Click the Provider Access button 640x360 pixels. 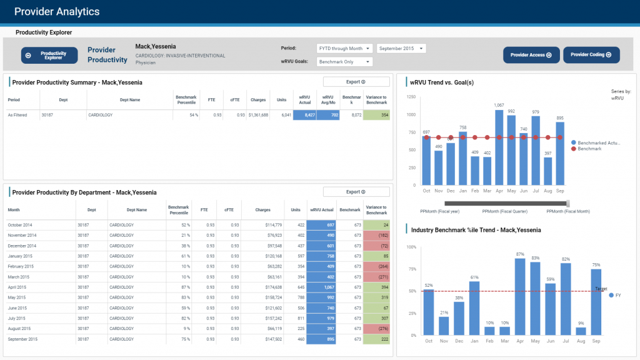coord(531,55)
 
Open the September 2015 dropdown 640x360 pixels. coord(401,48)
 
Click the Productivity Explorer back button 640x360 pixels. coord(49,55)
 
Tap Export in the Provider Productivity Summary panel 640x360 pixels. coord(356,82)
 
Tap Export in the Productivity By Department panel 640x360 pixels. coord(356,192)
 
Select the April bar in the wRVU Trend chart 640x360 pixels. coord(499,147)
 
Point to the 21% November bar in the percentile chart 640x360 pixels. coord(444,326)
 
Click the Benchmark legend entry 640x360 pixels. coord(589,149)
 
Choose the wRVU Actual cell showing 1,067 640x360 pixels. coord(321,286)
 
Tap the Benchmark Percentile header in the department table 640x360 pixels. coord(179,210)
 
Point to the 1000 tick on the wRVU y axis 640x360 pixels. coord(410,115)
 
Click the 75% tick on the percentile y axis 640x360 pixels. coord(411,269)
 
